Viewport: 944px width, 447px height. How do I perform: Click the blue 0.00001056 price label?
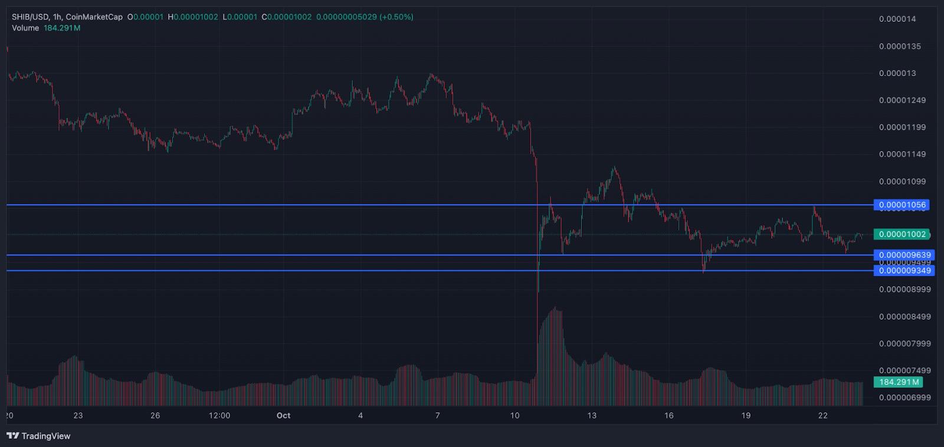click(x=902, y=205)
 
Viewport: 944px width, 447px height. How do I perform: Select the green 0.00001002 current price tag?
click(x=902, y=234)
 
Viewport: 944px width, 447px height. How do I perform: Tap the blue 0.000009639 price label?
click(x=904, y=255)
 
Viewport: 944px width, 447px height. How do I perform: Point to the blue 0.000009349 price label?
click(x=904, y=271)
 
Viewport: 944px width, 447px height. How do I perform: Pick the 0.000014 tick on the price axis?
click(x=897, y=19)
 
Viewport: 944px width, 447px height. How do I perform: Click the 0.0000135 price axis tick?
click(x=899, y=46)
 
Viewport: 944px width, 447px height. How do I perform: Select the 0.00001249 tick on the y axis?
click(x=902, y=100)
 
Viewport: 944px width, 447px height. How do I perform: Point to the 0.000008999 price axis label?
click(x=904, y=290)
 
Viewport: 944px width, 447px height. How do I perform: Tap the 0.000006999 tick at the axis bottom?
click(x=904, y=397)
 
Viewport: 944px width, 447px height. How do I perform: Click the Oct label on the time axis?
click(x=283, y=416)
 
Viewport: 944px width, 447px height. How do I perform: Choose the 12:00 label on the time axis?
click(x=219, y=416)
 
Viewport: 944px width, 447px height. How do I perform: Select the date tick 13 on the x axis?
click(x=592, y=416)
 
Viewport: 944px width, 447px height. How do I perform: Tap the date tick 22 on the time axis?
click(x=823, y=416)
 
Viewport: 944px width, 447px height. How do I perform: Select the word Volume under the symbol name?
click(x=25, y=28)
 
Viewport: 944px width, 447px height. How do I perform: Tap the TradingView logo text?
click(x=45, y=436)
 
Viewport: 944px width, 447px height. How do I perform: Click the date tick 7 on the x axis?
click(x=437, y=416)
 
